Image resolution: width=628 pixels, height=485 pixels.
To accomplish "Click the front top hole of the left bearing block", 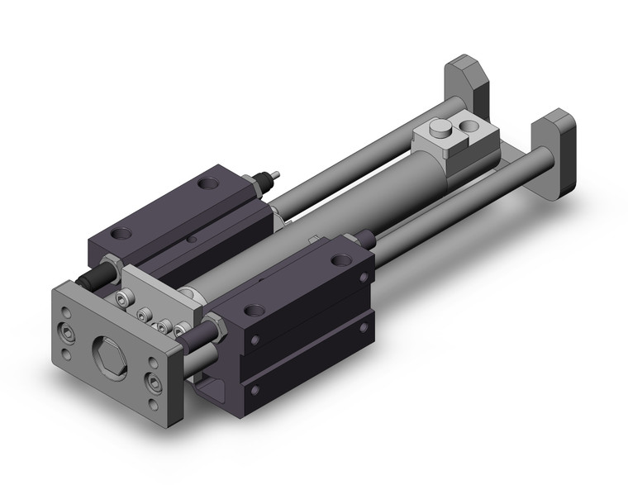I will (x=125, y=234).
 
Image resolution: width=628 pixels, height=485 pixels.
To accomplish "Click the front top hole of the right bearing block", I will (x=252, y=311).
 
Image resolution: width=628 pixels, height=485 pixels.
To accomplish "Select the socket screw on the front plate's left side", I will (x=65, y=333).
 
